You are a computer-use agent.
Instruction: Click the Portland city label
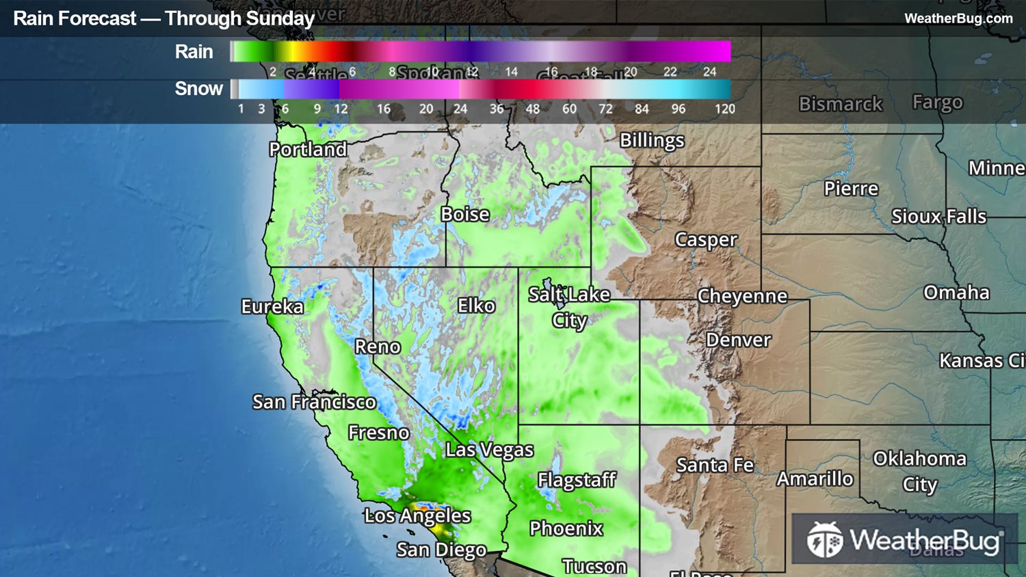tap(308, 149)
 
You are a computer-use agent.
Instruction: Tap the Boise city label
tap(465, 214)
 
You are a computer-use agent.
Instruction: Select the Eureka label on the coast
tap(272, 306)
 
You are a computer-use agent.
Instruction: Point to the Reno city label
tap(378, 347)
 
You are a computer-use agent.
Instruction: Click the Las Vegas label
tap(489, 450)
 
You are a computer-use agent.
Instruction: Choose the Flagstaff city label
tap(577, 480)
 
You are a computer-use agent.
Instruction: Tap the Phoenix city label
tap(566, 528)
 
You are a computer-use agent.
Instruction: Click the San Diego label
tap(441, 550)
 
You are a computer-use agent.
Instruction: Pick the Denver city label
tap(738, 340)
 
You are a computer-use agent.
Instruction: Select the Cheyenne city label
tap(742, 296)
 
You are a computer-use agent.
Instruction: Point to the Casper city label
tap(706, 240)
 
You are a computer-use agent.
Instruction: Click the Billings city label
tap(652, 140)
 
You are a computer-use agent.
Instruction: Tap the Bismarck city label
tap(841, 104)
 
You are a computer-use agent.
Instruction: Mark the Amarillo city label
tap(815, 479)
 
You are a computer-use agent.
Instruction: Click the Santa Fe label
tap(715, 465)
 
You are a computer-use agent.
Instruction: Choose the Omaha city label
tap(956, 293)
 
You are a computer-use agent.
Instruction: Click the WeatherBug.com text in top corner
tap(958, 18)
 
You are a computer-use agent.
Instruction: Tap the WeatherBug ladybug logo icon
tap(824, 540)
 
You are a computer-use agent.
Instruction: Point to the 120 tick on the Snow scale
tap(724, 109)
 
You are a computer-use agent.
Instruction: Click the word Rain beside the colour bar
tap(194, 52)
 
